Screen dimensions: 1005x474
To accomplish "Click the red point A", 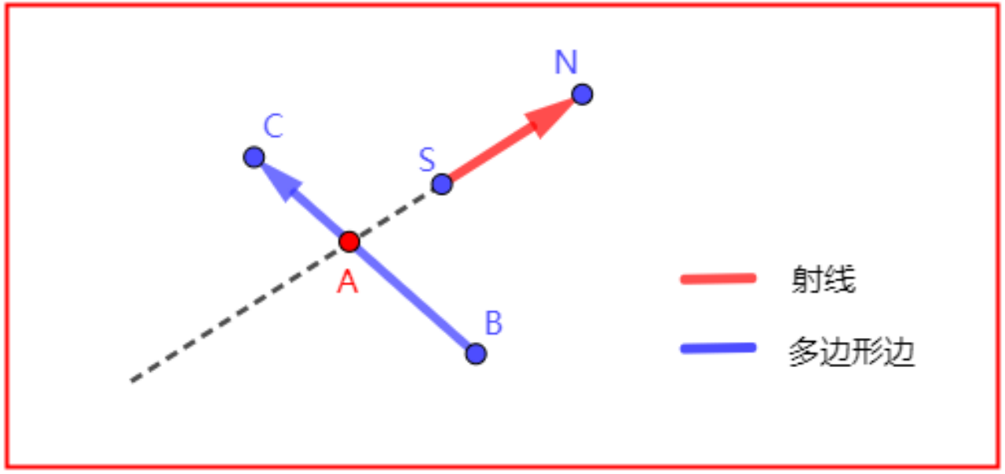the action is coord(349,241).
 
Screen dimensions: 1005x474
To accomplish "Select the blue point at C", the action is coord(254,157).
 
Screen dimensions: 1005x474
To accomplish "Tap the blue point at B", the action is coord(476,354).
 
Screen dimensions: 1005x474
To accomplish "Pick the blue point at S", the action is coord(442,185).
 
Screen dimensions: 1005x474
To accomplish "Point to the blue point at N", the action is coord(582,94).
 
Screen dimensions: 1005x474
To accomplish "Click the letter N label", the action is coord(565,63).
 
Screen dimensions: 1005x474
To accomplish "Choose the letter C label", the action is coord(273,126).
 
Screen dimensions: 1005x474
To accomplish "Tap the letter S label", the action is coord(426,160).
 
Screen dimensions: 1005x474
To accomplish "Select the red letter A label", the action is coord(347,281).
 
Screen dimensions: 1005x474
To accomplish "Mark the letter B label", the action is coord(493,323).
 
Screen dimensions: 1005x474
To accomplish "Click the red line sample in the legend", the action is coord(718,278).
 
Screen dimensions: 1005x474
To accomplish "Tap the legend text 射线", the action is coord(823,280).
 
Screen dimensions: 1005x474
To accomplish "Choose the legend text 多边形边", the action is coord(852,355).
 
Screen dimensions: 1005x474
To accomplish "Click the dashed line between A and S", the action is coord(397,212).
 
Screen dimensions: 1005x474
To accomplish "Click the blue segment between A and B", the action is coord(412,297).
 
